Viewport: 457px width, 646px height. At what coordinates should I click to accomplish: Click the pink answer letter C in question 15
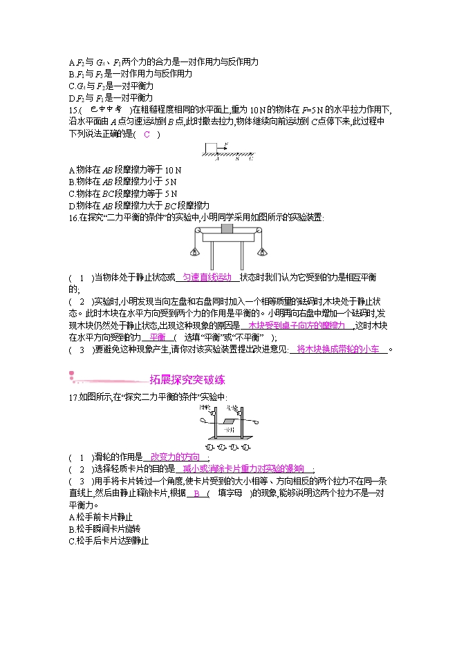click(x=147, y=134)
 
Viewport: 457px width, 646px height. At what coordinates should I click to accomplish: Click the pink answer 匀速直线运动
click(x=207, y=277)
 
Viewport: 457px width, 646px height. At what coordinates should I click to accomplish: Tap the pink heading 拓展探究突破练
click(x=187, y=380)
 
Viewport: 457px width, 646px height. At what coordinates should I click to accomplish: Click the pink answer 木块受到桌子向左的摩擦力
click(x=296, y=325)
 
